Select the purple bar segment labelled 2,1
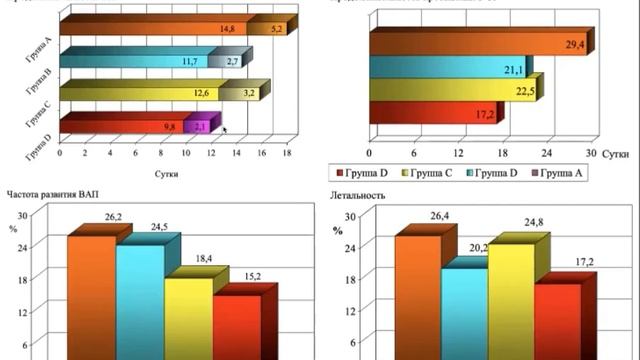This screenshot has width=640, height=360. pyautogui.click(x=200, y=126)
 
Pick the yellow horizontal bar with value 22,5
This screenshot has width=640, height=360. pyautogui.click(x=450, y=91)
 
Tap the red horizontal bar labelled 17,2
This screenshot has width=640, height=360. pyautogui.click(x=430, y=114)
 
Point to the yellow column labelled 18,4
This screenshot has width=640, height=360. pyautogui.click(x=188, y=315)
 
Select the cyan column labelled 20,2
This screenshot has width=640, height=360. pyautogui.click(x=464, y=310)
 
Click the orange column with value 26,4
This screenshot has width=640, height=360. pyautogui.click(x=417, y=295)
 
